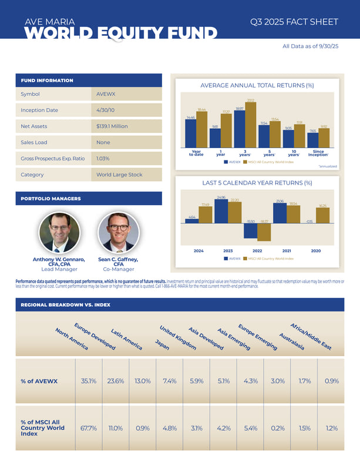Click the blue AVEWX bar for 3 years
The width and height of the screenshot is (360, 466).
[x=240, y=129]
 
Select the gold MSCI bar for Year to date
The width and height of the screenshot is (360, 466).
[x=201, y=130]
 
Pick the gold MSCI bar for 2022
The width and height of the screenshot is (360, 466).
[x=264, y=232]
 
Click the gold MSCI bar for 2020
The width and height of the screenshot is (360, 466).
[x=323, y=216]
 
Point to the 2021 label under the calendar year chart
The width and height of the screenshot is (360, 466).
[x=287, y=250]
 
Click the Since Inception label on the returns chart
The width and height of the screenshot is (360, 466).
[x=318, y=153]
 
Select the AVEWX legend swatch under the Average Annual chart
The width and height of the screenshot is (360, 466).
[x=226, y=161]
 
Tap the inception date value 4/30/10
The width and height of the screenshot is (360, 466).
[x=106, y=110]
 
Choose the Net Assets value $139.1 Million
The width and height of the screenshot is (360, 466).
[x=112, y=126]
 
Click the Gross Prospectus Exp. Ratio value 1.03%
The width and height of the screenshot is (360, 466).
[x=103, y=159]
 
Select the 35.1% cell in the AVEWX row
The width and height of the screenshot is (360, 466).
[x=89, y=380]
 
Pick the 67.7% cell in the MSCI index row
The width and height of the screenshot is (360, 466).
[x=89, y=428]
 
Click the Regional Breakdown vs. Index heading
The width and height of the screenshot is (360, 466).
[x=66, y=305]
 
